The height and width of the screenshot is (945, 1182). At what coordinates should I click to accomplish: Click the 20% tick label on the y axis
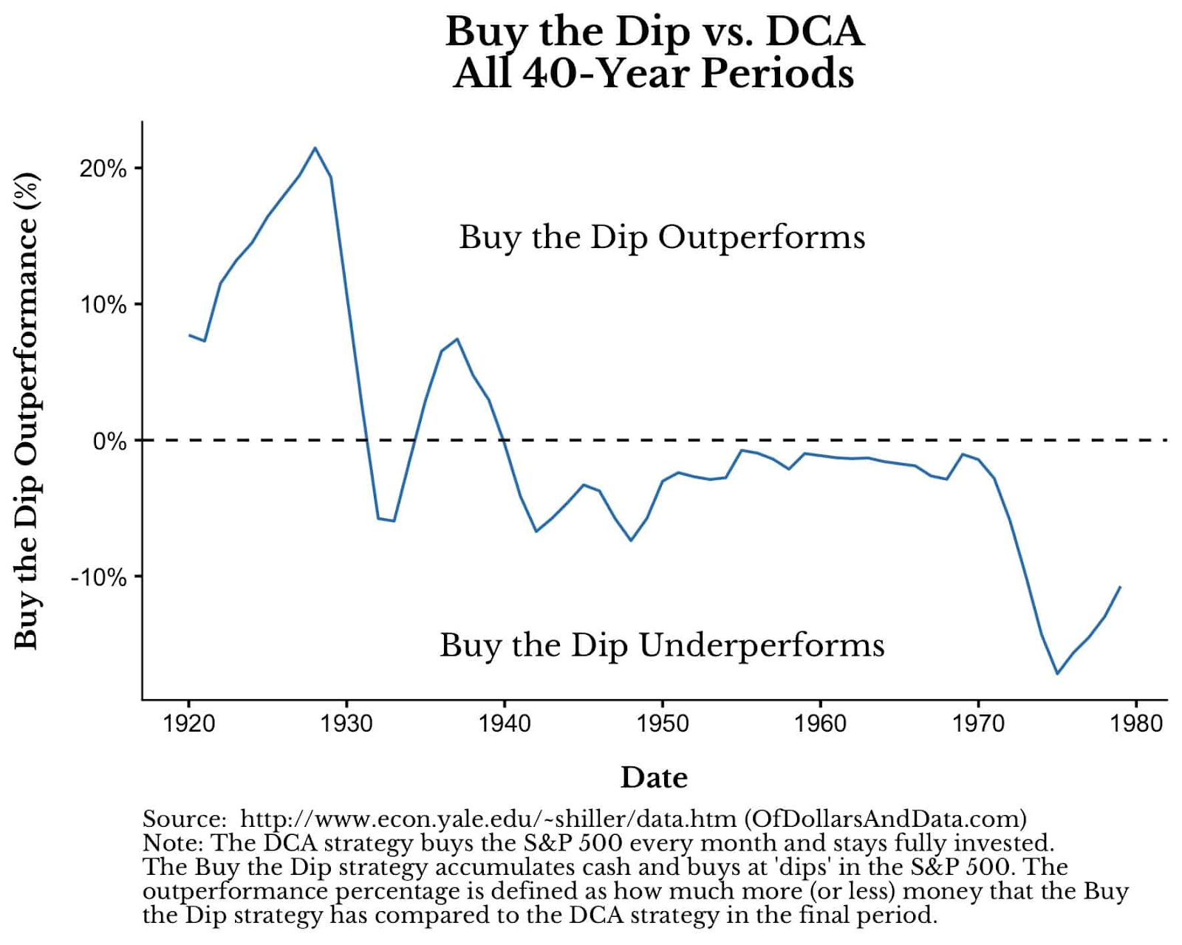pyautogui.click(x=103, y=168)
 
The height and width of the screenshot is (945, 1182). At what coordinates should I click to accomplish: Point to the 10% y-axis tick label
pyautogui.click(x=103, y=304)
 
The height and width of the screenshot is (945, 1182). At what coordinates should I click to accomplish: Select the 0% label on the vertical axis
pyautogui.click(x=109, y=441)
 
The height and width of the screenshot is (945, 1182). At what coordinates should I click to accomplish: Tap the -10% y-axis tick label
pyautogui.click(x=99, y=577)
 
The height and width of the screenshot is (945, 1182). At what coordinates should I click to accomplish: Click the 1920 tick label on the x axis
pyautogui.click(x=188, y=723)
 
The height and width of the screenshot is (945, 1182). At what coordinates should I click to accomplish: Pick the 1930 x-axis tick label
pyautogui.click(x=346, y=723)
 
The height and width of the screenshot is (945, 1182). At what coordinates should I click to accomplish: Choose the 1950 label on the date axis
pyautogui.click(x=663, y=723)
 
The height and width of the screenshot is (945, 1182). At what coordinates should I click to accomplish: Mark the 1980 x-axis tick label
pyautogui.click(x=1136, y=723)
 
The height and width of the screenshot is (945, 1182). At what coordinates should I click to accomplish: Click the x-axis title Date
pyautogui.click(x=654, y=777)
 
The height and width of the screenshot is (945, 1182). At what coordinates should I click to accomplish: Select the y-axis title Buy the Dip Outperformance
pyautogui.click(x=26, y=410)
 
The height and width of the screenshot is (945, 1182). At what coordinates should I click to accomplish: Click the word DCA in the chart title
pyautogui.click(x=815, y=32)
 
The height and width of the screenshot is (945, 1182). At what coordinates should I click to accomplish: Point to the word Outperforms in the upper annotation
pyautogui.click(x=761, y=237)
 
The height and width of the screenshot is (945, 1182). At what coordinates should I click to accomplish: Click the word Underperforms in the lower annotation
pyautogui.click(x=761, y=645)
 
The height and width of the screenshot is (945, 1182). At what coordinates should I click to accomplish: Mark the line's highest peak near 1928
pyautogui.click(x=315, y=148)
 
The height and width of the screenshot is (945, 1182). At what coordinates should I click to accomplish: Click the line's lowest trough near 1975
pyautogui.click(x=1057, y=673)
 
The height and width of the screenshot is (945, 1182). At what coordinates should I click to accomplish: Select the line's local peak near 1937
pyautogui.click(x=457, y=339)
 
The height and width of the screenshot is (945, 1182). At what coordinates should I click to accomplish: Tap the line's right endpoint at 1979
pyautogui.click(x=1121, y=587)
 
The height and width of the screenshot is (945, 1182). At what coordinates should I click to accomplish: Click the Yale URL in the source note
pyautogui.click(x=488, y=819)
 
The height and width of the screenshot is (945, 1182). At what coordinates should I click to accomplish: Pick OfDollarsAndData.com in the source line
pyautogui.click(x=885, y=819)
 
